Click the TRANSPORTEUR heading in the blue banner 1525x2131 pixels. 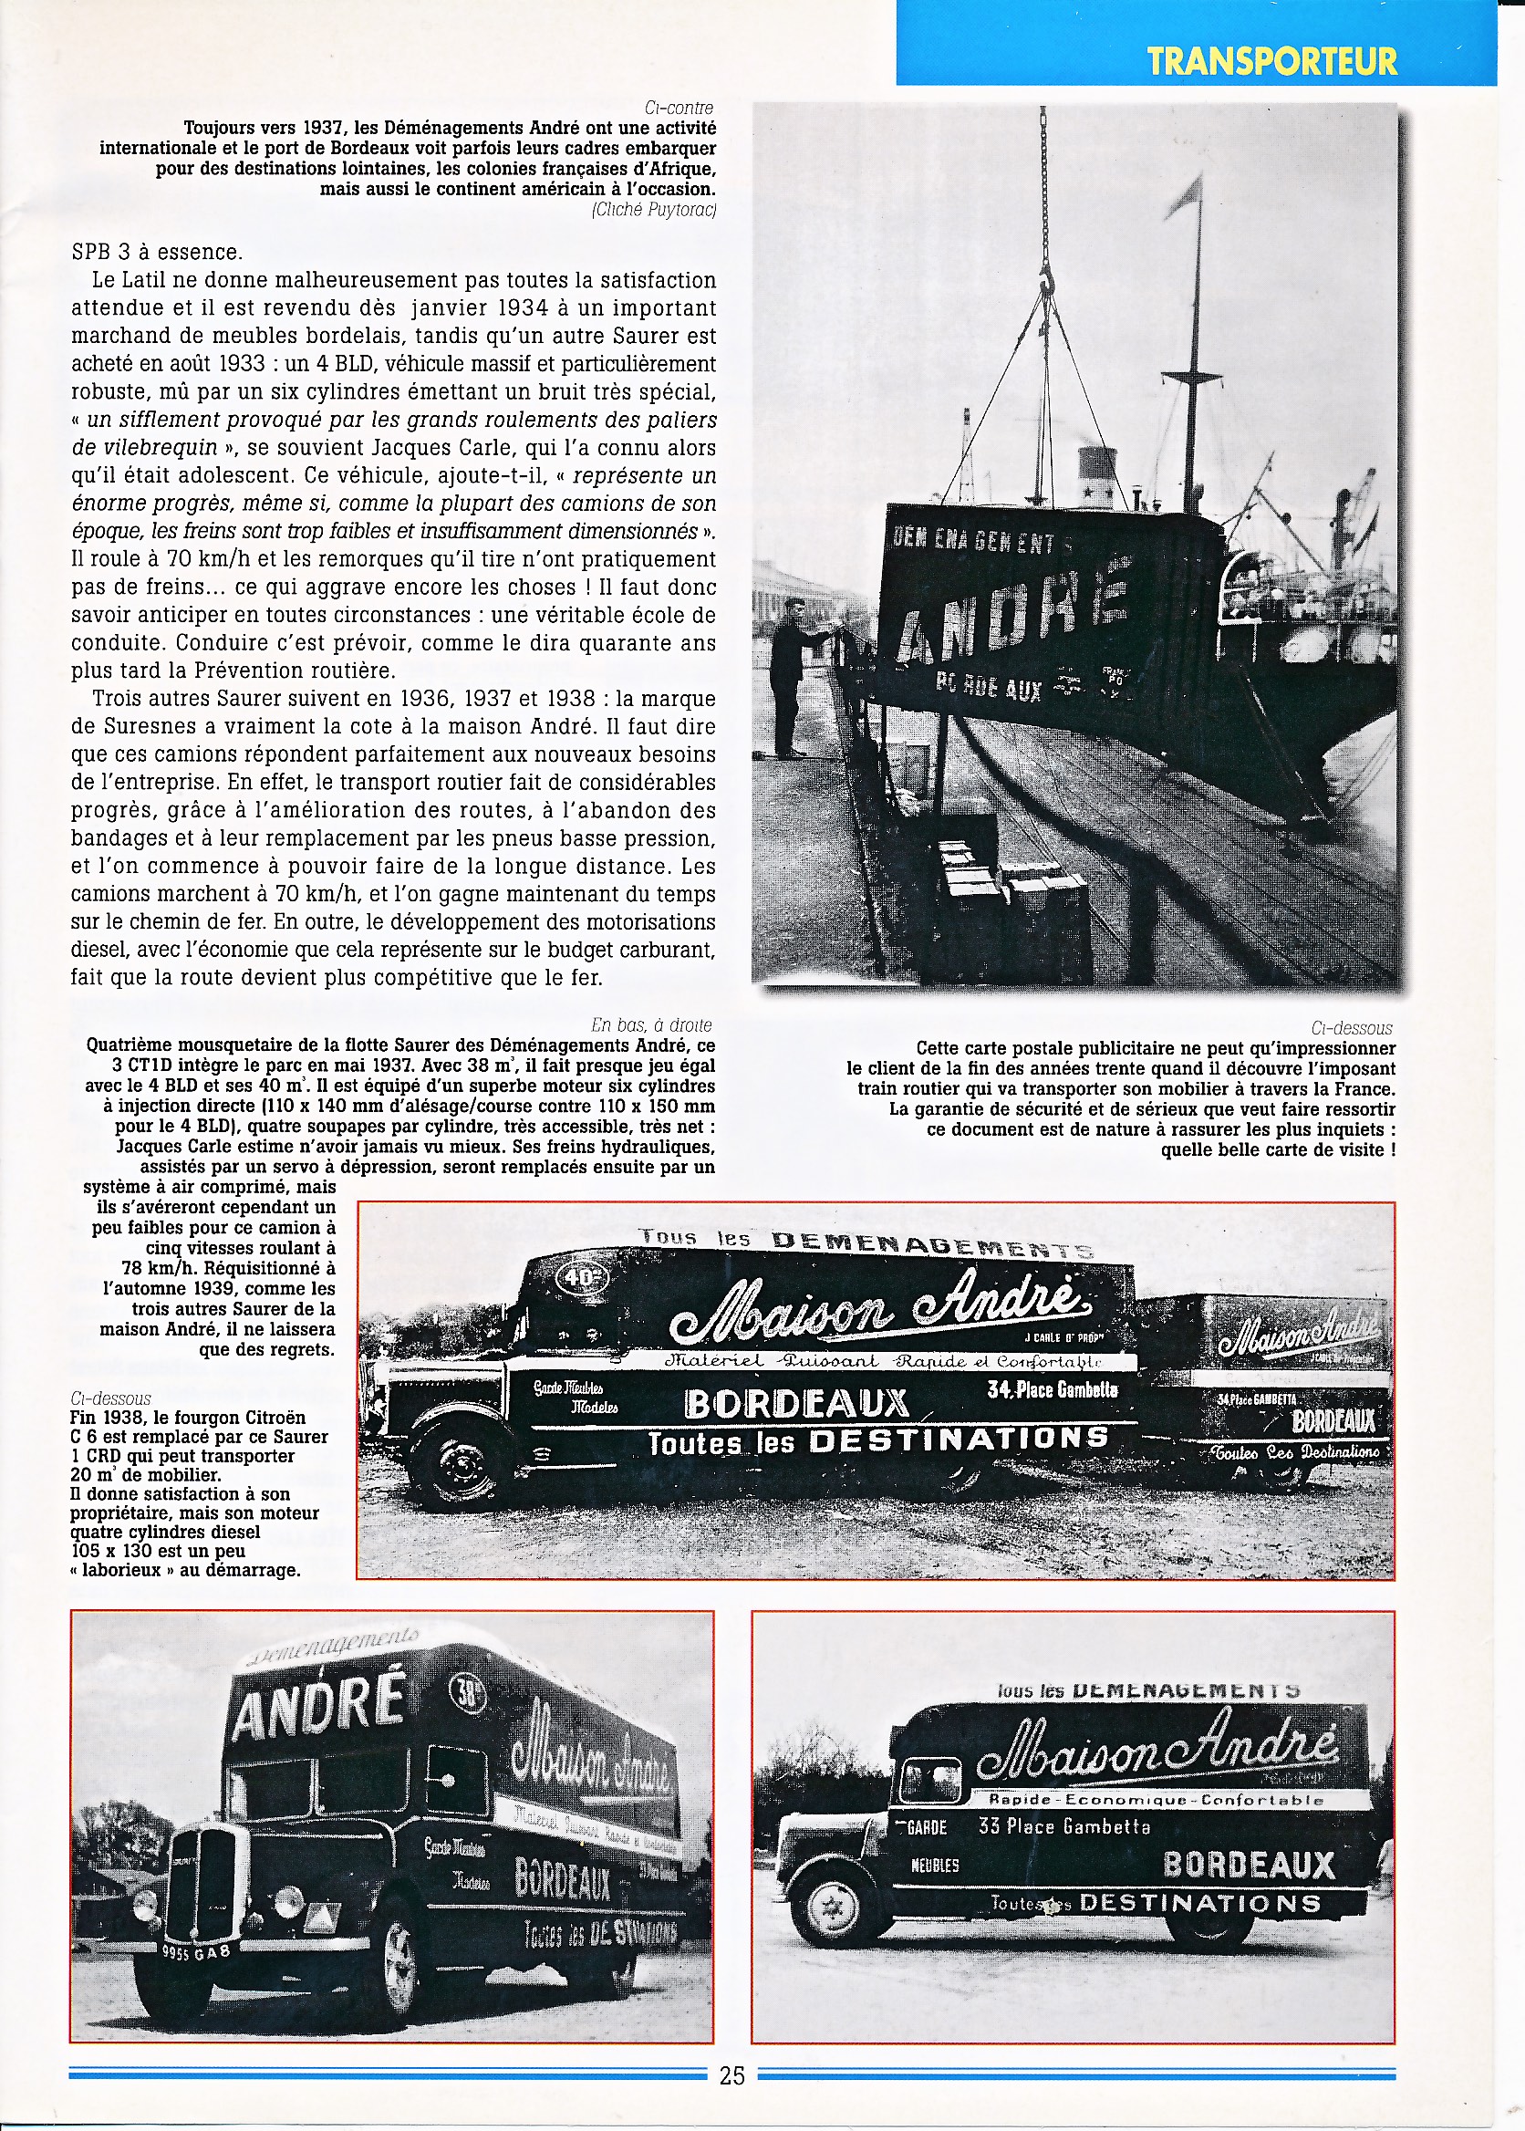pyautogui.click(x=1271, y=61)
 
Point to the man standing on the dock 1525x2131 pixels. pyautogui.click(x=788, y=676)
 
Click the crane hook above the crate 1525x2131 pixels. pyautogui.click(x=1046, y=277)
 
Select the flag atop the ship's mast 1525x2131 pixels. pyautogui.click(x=1185, y=194)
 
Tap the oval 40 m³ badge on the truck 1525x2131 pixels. pyautogui.click(x=582, y=1278)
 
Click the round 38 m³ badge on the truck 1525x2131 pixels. pyautogui.click(x=467, y=1691)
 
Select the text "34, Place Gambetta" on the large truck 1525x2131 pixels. pyautogui.click(x=1052, y=1390)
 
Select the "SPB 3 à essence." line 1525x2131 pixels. pyautogui.click(x=157, y=252)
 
